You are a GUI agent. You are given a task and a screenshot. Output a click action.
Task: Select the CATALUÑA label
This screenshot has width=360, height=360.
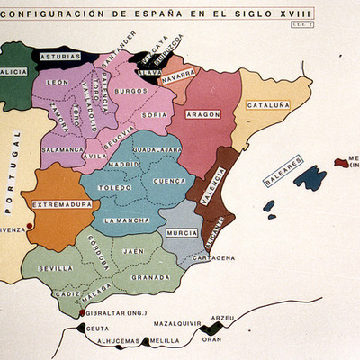(268, 105)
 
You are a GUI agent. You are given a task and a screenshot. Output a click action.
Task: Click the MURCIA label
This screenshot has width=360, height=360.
(181, 233)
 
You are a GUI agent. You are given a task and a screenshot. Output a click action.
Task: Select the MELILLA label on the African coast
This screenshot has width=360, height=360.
(165, 342)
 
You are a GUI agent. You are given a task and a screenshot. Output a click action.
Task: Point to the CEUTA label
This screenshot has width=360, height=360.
(98, 329)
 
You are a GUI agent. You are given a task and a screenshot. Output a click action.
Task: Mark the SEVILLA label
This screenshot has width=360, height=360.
(56, 268)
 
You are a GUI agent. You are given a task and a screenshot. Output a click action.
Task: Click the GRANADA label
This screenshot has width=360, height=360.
(149, 277)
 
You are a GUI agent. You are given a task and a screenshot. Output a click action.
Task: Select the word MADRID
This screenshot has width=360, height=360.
(123, 166)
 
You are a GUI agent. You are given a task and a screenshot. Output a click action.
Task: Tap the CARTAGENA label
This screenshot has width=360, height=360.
(213, 257)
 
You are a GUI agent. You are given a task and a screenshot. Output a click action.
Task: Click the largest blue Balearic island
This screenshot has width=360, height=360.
(310, 177)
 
